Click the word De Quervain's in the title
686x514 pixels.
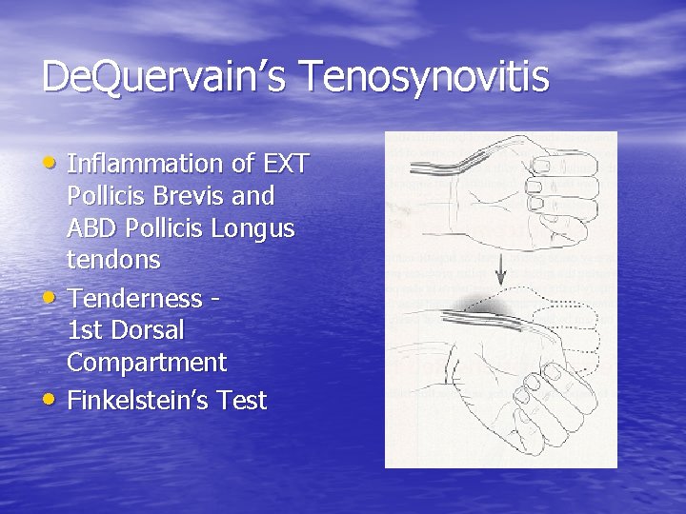157,77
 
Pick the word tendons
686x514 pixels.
113,259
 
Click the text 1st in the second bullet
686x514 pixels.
86,330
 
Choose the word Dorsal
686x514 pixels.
149,330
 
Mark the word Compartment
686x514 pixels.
147,363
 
